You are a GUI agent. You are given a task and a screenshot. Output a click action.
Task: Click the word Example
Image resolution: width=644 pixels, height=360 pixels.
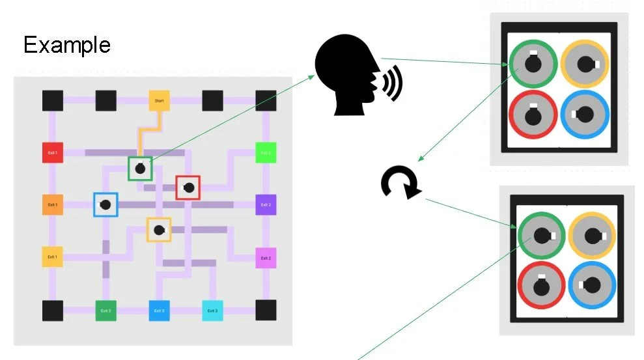tap(67, 45)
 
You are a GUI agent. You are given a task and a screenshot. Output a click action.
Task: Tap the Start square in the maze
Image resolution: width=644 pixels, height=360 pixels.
tap(159, 101)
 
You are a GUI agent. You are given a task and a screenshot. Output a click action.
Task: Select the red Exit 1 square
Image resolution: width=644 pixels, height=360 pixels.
tap(53, 153)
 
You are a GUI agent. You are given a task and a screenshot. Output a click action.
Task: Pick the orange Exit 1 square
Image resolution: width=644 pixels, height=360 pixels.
tap(53, 205)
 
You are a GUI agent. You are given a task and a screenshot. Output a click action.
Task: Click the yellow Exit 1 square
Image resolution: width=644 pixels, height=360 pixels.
tap(53, 257)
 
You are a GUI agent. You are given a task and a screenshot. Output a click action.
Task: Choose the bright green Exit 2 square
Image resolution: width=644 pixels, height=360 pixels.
tap(266, 153)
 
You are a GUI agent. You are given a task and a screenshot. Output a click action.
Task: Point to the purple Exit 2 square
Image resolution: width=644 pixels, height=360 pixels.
tap(266, 205)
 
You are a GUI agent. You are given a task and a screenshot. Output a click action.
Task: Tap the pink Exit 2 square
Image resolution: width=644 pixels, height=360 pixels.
tap(266, 258)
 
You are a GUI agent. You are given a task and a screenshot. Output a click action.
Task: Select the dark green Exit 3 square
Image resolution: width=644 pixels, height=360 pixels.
tap(105, 311)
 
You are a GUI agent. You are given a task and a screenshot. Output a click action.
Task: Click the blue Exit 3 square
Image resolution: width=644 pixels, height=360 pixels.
tap(159, 311)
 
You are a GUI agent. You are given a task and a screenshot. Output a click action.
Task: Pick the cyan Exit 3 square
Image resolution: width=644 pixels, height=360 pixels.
tap(212, 311)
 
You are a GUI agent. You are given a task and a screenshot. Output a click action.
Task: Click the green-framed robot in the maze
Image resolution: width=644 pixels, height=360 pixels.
tap(140, 169)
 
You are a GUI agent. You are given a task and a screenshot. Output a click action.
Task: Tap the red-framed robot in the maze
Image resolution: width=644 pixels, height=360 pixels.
tap(188, 187)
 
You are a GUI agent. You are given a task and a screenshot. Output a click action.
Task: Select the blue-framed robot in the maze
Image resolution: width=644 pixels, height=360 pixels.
tap(105, 204)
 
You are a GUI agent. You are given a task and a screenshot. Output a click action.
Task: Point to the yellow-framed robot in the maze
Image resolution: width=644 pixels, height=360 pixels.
tap(158, 229)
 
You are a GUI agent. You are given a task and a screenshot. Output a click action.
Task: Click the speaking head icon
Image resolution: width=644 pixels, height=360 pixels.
tap(355, 77)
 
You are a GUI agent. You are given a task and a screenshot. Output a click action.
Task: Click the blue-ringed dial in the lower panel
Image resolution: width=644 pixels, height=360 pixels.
tap(592, 285)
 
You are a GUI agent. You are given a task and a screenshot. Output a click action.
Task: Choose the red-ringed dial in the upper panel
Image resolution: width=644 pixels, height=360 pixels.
tap(533, 115)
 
